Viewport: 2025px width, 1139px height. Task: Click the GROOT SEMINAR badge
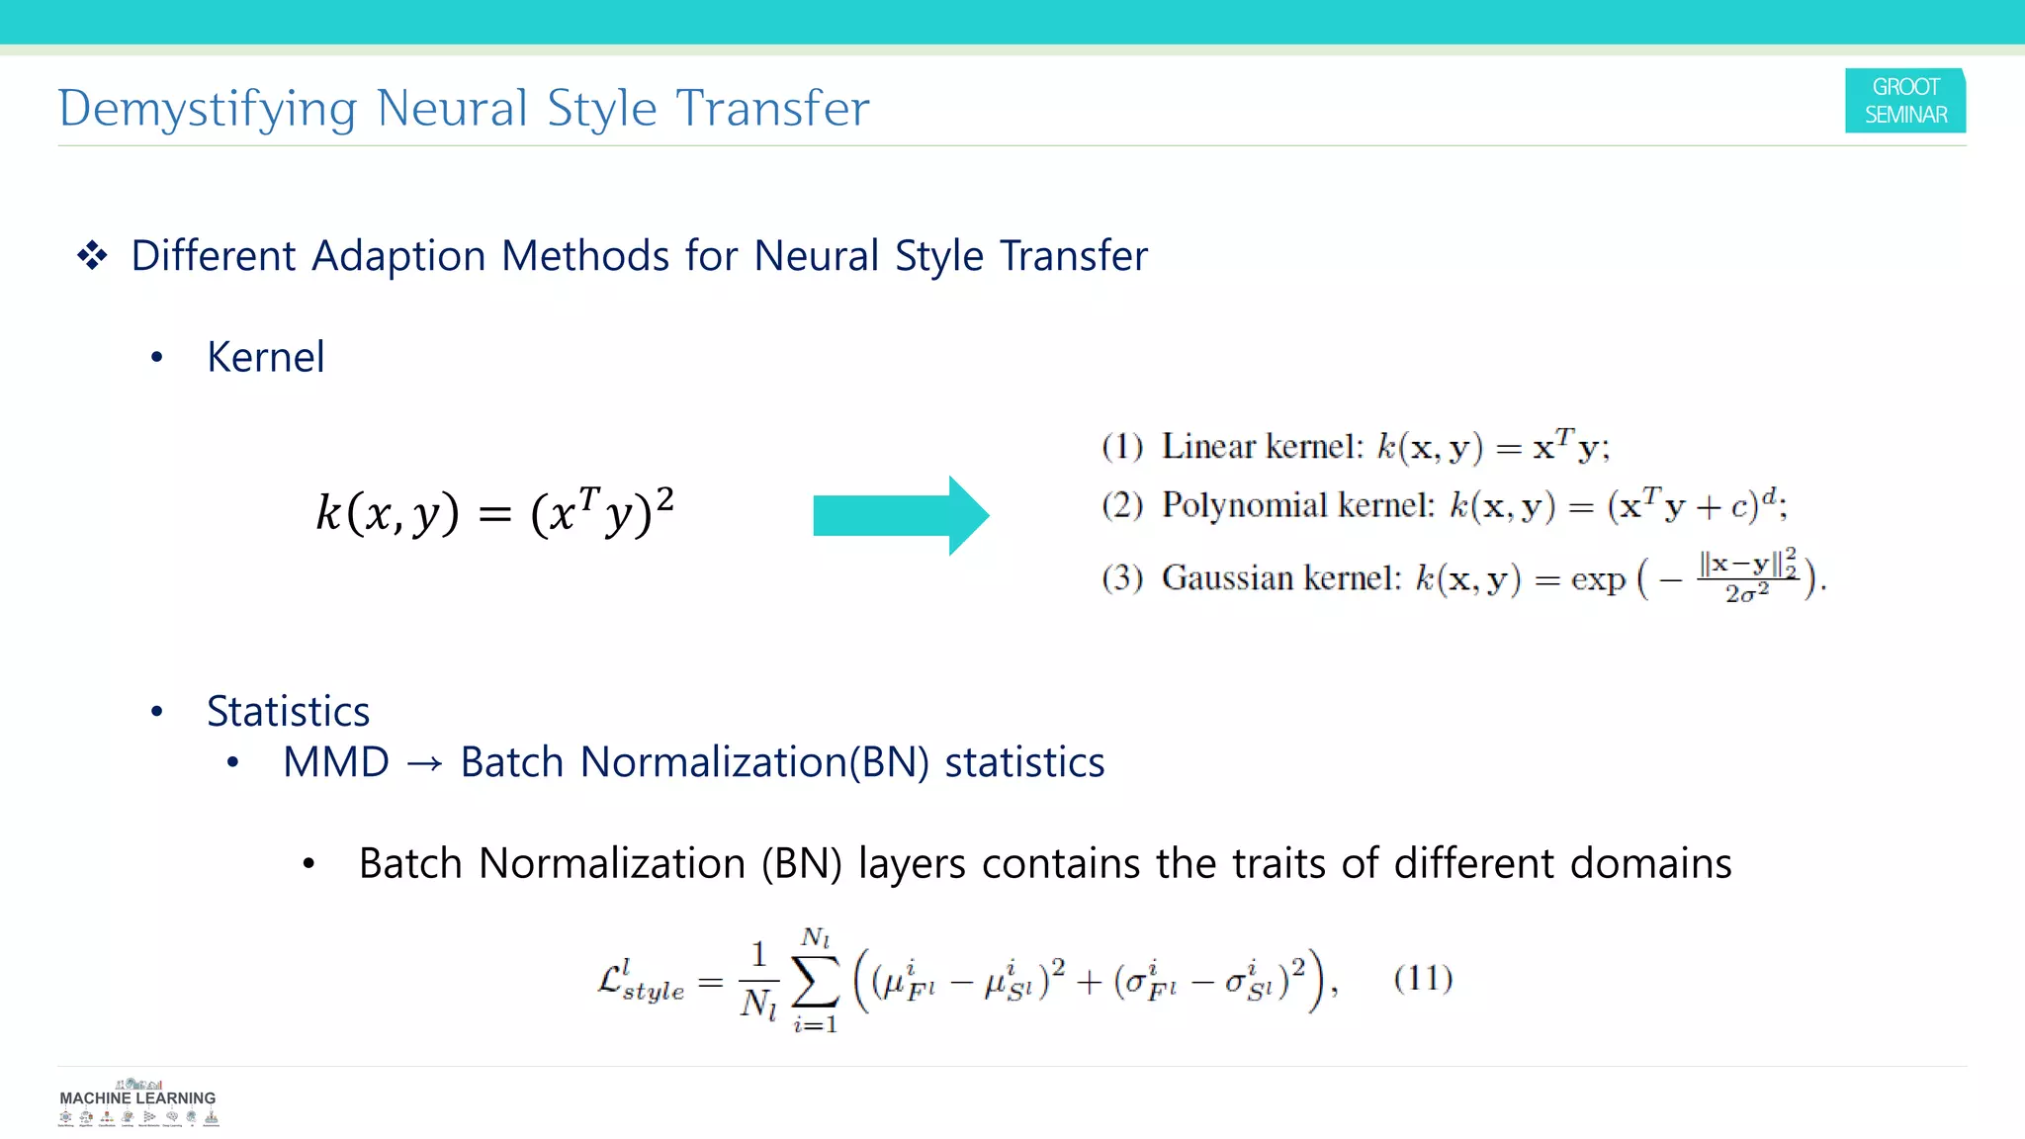point(1904,101)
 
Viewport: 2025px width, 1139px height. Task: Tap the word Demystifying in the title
point(207,109)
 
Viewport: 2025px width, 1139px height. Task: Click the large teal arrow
point(900,515)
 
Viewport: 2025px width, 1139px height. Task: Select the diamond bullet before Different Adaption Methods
point(93,256)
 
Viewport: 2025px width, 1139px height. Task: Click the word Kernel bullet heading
point(265,357)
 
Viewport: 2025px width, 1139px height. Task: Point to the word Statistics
point(288,712)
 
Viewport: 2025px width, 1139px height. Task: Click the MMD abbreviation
point(336,762)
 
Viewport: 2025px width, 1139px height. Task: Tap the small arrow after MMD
point(424,764)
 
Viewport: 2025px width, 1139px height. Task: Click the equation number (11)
point(1423,979)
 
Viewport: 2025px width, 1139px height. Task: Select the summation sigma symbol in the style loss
point(816,981)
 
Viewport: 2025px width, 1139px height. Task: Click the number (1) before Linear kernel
point(1122,447)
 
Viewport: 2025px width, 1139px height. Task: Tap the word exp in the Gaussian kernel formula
point(1598,579)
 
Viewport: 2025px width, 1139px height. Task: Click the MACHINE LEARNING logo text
point(137,1097)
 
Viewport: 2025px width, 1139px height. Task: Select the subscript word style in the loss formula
point(654,991)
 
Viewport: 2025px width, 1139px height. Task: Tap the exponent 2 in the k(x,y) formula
point(665,498)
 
